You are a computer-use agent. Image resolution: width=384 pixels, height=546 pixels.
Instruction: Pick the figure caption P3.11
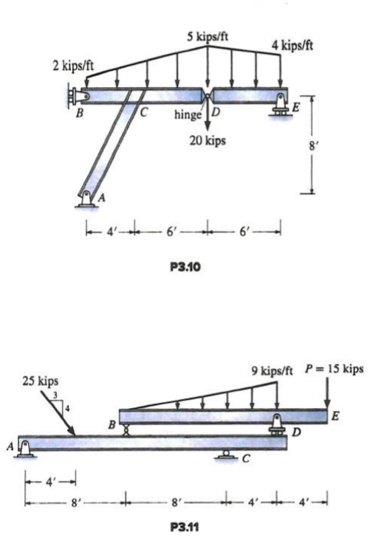[x=189, y=527]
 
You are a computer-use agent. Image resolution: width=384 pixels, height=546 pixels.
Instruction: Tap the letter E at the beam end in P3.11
[x=336, y=417]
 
